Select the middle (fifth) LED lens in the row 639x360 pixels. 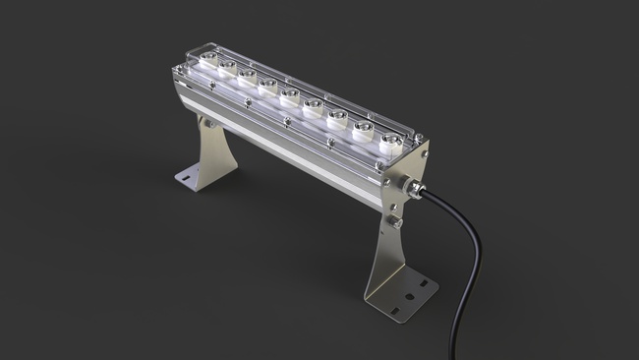point(289,94)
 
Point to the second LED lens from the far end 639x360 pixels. point(227,68)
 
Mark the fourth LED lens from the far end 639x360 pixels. point(268,86)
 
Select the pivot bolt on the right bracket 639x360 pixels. point(394,222)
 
